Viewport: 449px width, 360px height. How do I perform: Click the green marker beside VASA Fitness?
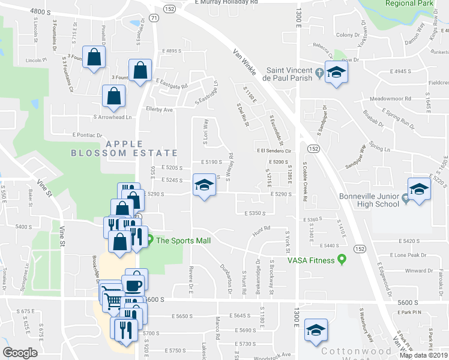[x=342, y=260]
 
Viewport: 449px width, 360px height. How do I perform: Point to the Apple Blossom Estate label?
[x=124, y=148]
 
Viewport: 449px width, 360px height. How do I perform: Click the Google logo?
[x=20, y=352]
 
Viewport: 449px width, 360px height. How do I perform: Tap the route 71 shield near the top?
[x=155, y=19]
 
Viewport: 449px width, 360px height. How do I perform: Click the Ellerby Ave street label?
[x=159, y=110]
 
